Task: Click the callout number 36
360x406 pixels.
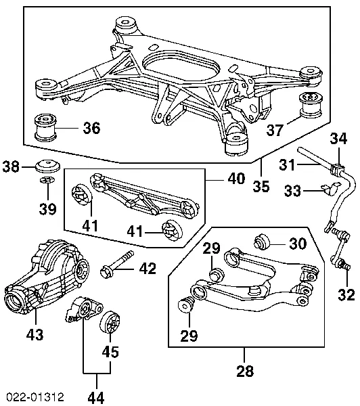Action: click(91, 128)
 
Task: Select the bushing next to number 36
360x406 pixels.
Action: click(45, 128)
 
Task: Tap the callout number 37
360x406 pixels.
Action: click(275, 130)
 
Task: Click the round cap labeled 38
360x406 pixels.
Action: click(47, 166)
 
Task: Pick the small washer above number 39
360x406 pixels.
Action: click(47, 179)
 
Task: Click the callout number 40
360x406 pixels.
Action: click(236, 179)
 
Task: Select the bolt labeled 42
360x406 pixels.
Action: click(117, 265)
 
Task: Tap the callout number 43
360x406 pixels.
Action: click(35, 334)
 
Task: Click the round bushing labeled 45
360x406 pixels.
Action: click(110, 323)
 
